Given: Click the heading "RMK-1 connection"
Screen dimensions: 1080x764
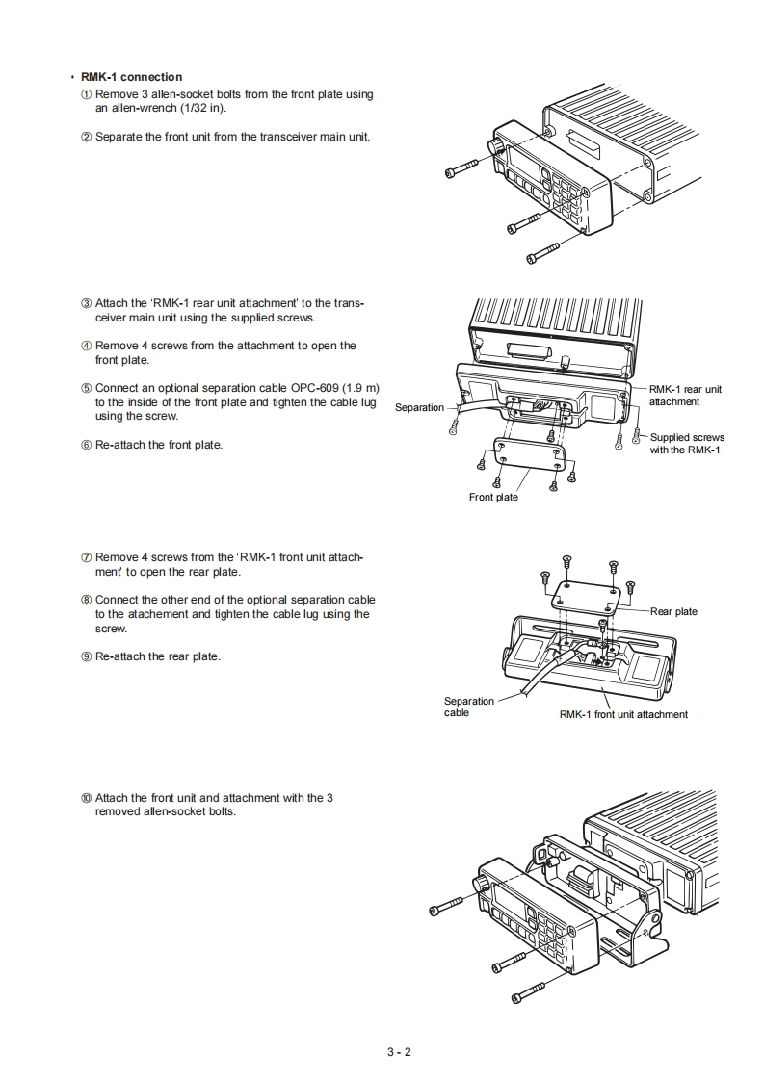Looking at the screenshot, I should tap(131, 77).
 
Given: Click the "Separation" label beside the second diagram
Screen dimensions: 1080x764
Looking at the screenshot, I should tap(420, 407).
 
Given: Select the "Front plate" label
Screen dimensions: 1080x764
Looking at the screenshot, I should tap(493, 497).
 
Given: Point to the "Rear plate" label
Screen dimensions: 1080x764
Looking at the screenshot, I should tap(673, 611).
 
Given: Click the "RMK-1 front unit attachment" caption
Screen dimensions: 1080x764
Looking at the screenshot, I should tap(623, 714).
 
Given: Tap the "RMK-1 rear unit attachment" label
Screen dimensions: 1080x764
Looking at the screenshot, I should tap(685, 395).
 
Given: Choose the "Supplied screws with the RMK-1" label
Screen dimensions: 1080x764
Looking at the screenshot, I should tap(687, 444).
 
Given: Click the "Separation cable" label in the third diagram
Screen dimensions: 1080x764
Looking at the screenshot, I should tap(468, 707).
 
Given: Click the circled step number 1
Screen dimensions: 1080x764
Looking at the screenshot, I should tap(86, 94).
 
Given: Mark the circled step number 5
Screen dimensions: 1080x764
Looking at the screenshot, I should tap(86, 388).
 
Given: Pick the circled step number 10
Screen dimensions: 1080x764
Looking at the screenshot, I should tap(86, 798).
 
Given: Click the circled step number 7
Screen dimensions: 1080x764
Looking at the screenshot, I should tap(86, 557).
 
